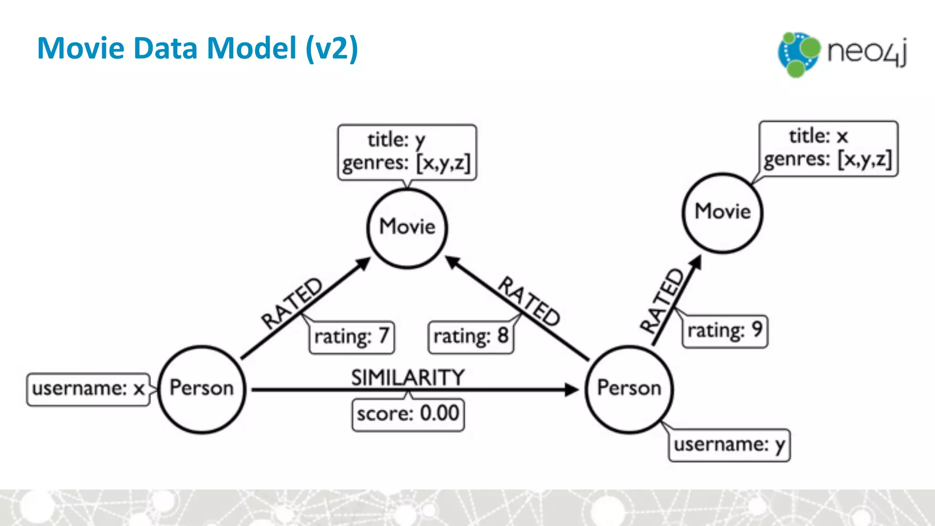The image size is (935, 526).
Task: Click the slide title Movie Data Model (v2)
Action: coord(197,48)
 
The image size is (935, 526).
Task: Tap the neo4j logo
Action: coord(843,54)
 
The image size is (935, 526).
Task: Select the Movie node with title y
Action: coord(407,227)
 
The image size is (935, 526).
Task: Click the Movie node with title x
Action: coord(722,212)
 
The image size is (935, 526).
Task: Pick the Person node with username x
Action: coord(202,389)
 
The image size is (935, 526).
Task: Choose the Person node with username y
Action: coord(629,389)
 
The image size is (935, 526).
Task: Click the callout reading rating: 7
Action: coord(352,337)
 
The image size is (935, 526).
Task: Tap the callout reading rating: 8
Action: coord(471,337)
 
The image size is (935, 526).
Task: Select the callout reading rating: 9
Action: coord(725,331)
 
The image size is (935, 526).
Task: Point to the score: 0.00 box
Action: coord(408,415)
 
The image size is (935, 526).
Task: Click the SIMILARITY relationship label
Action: coord(408,378)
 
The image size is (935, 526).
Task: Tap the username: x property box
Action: coord(88,389)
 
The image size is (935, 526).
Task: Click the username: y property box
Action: coord(729,445)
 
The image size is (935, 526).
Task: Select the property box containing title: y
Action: coord(407,152)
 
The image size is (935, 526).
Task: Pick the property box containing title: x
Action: coord(828,148)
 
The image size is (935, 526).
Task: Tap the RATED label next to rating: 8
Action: coord(529,301)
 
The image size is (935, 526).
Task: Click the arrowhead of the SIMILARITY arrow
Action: coord(572,389)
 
